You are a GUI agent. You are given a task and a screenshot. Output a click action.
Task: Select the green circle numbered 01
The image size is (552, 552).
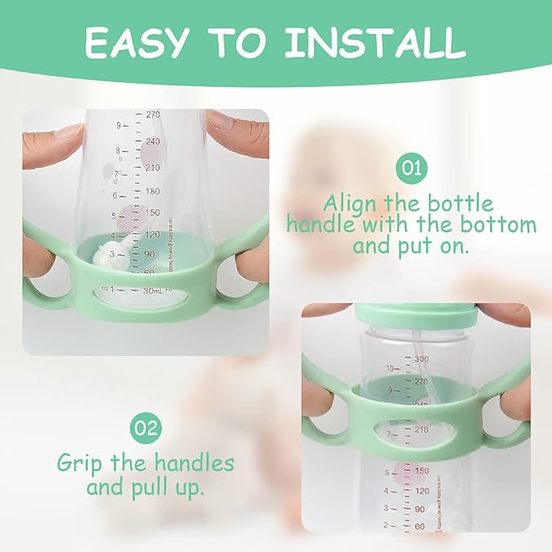click(x=411, y=169)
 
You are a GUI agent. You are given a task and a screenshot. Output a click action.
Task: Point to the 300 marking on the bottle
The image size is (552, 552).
click(x=420, y=359)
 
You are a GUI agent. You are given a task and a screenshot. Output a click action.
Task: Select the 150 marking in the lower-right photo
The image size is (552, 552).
click(x=420, y=471)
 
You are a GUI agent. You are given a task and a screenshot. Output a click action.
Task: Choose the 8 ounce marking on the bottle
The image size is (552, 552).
click(x=117, y=151)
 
